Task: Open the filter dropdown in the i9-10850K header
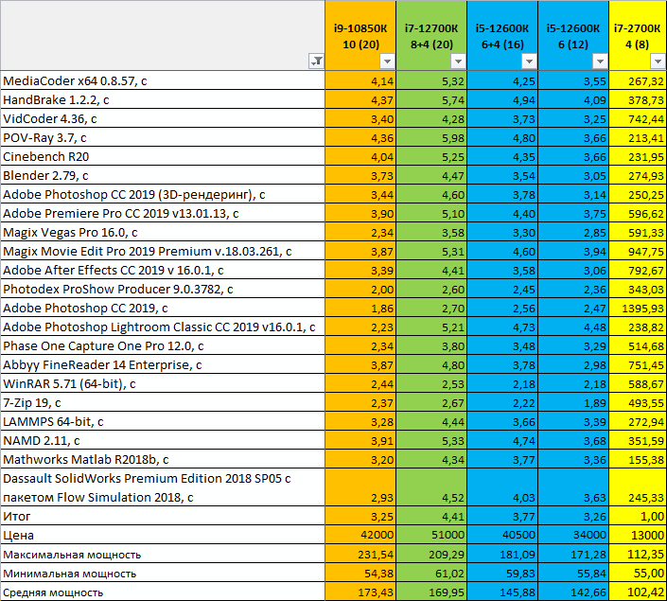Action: tap(385, 62)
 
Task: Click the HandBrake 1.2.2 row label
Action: tap(57, 99)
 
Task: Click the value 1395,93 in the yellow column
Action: tap(639, 308)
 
